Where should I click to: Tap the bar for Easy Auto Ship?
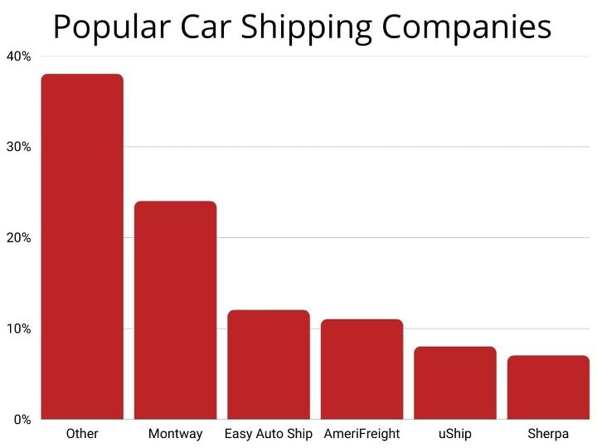click(x=269, y=364)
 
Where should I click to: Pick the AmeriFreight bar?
click(x=362, y=368)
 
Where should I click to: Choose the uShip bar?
click(x=455, y=382)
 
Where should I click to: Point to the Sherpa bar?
click(x=548, y=387)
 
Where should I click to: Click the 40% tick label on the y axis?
click(x=18, y=56)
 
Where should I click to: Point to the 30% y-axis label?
click(x=18, y=147)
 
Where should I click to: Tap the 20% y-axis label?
click(x=18, y=238)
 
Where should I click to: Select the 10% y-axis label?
click(x=18, y=329)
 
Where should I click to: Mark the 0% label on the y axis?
click(x=22, y=419)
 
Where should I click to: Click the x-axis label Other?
click(x=81, y=434)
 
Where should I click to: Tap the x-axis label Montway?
click(x=176, y=434)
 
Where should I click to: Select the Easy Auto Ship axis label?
click(x=269, y=434)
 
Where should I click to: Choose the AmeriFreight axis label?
click(x=362, y=434)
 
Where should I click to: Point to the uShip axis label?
click(x=455, y=434)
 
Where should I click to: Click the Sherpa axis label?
click(x=548, y=434)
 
